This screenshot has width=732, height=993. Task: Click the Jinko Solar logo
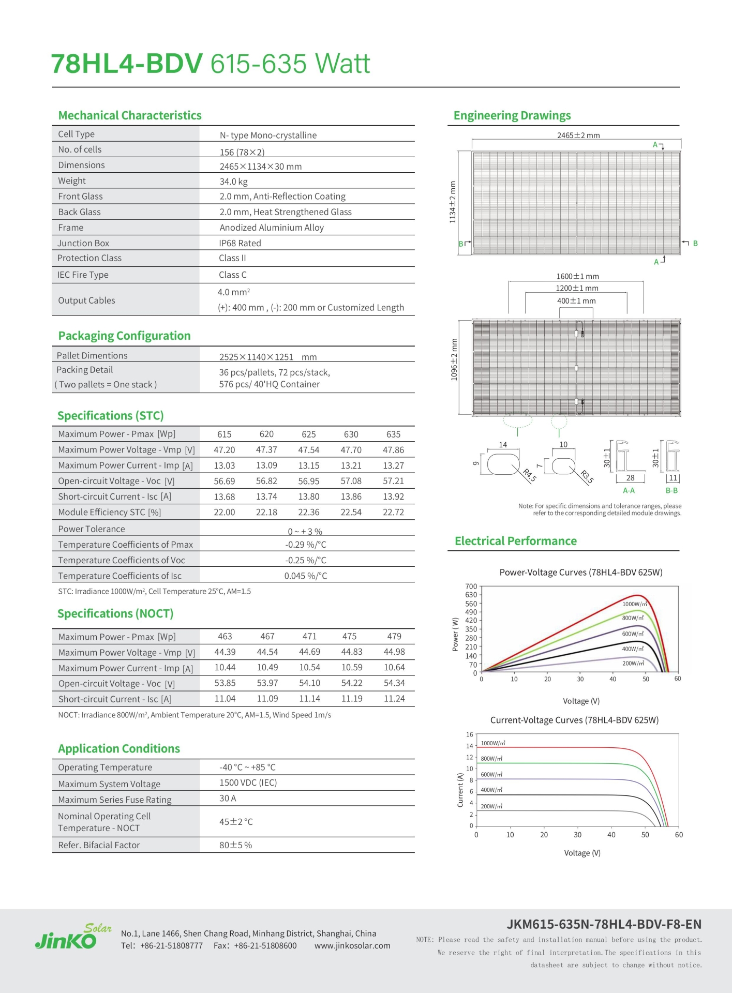pos(73,937)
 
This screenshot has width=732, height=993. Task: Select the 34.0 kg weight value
pos(233,182)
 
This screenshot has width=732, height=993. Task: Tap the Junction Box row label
pos(83,243)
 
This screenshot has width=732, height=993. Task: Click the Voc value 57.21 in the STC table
pos(393,481)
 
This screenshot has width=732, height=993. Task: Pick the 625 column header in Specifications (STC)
pos(309,434)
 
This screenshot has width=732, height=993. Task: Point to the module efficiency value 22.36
pos(309,512)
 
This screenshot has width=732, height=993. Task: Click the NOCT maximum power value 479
pos(394,636)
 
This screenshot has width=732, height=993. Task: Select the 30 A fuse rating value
pos(228,798)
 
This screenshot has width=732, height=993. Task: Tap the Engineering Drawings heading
pos(512,115)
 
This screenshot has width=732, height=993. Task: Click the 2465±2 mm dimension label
pos(578,136)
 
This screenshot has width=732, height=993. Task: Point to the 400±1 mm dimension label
pos(576,301)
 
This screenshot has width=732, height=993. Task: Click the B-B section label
pos(671,490)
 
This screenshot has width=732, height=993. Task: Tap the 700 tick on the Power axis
pos(471,586)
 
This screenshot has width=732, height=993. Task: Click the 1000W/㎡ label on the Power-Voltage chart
pos(634,604)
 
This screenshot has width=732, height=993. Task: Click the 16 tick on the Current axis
pos(470,734)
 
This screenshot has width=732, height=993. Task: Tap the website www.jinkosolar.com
pos(352,946)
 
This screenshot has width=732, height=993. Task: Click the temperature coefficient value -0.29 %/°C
pos(306,545)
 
